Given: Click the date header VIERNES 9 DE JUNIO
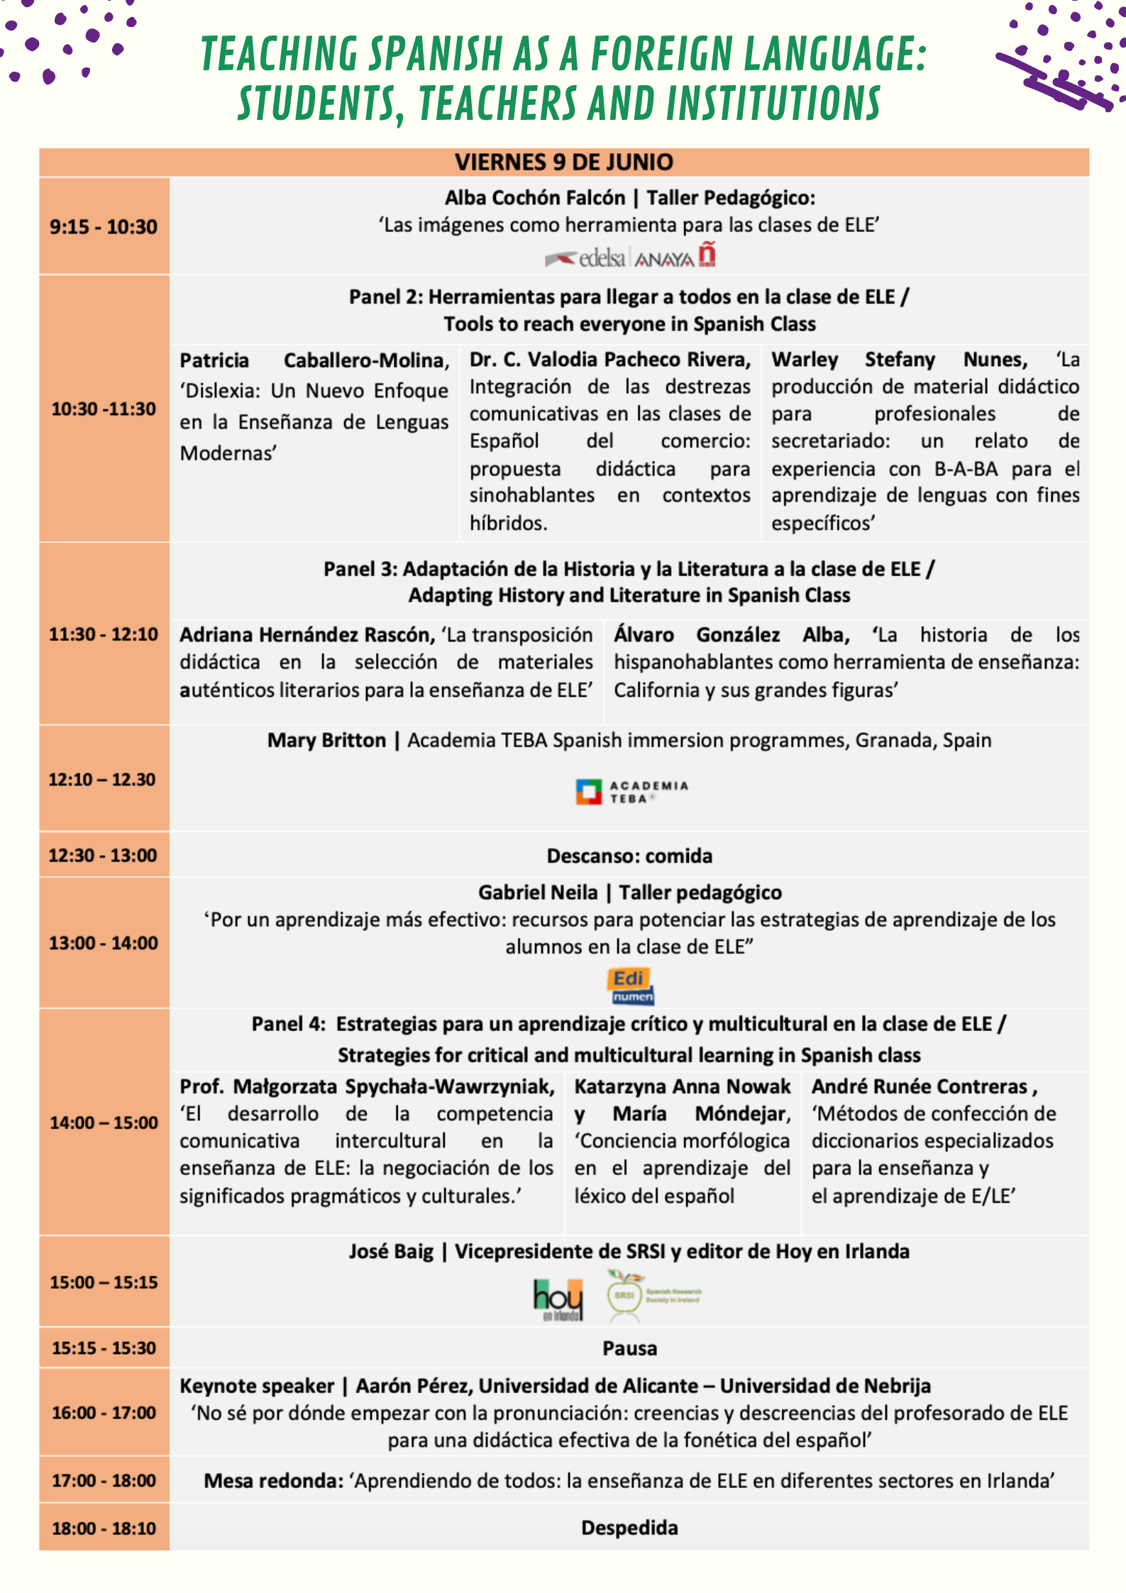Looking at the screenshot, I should (x=563, y=162).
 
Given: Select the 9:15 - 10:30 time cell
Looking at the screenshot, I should (x=104, y=227).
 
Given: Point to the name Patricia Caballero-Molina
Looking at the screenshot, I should (x=314, y=360).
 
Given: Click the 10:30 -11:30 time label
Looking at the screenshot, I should (x=104, y=409).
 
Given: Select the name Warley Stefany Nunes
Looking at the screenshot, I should (x=899, y=360).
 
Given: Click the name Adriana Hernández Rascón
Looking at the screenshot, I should (x=307, y=634).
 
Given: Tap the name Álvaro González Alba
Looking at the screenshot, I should (x=732, y=634).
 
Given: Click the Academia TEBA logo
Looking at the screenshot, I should (x=631, y=792).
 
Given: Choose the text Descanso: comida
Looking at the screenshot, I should (x=629, y=856).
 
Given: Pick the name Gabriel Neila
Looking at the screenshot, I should (x=538, y=893).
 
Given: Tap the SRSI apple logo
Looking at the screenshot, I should (x=624, y=1296).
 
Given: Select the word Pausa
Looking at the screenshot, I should (x=629, y=1348).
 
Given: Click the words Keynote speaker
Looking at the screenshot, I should (x=257, y=1386).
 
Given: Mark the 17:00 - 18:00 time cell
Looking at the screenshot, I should (x=104, y=1481).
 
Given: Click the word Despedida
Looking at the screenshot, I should (x=629, y=1528).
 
